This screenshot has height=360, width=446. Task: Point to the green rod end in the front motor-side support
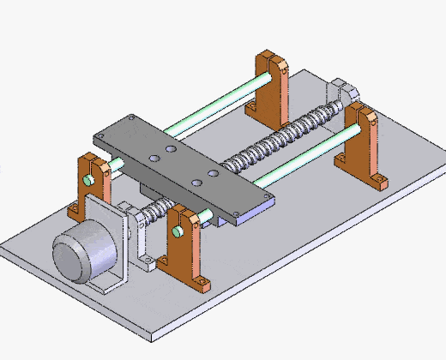178,231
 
